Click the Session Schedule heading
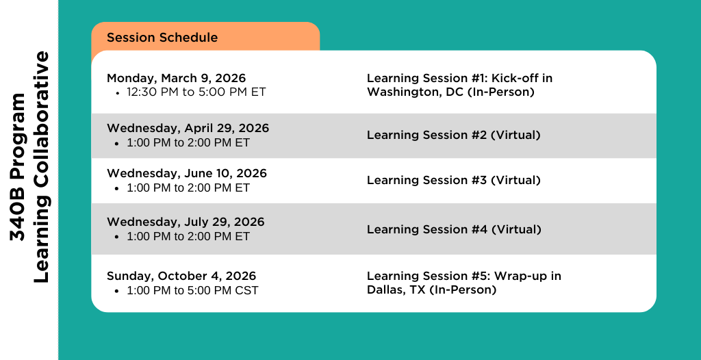[162, 38]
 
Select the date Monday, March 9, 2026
[176, 79]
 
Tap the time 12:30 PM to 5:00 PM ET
[196, 92]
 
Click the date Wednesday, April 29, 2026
[188, 129]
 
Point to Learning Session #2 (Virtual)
[454, 135]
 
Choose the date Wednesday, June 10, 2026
[187, 174]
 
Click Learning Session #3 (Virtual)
[454, 180]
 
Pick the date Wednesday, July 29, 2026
[186, 222]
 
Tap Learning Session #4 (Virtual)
[455, 229]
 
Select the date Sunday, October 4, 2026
[181, 276]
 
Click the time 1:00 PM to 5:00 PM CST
[192, 290]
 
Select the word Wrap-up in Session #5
[521, 276]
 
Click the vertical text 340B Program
[18, 167]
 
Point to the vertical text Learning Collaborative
[41, 167]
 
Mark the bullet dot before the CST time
[117, 291]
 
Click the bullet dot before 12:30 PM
[117, 93]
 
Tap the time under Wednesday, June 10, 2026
[188, 188]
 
